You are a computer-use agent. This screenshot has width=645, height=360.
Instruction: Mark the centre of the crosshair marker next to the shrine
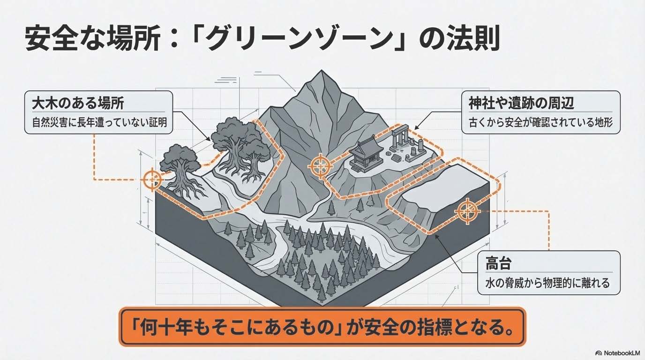[320, 165]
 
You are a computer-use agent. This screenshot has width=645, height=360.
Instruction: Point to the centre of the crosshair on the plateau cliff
[467, 211]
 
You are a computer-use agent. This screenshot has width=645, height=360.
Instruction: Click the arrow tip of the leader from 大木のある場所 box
[210, 141]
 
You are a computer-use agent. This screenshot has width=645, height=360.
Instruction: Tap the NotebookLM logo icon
[599, 353]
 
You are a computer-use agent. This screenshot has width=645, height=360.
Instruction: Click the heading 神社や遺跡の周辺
[521, 103]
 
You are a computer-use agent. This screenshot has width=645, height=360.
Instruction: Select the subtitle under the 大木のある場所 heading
[99, 123]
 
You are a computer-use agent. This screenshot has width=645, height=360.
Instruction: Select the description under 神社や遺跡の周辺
[540, 123]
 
